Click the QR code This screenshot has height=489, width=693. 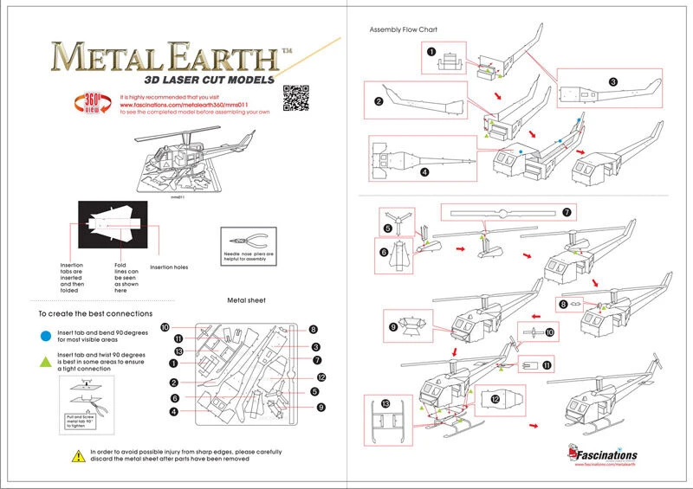click(296, 100)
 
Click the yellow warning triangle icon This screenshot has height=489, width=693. click(80, 454)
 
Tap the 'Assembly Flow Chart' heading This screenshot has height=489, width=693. click(404, 29)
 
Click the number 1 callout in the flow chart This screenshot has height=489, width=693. click(431, 52)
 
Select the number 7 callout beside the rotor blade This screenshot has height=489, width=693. click(567, 212)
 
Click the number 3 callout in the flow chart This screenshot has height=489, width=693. click(612, 81)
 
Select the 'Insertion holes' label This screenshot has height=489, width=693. click(169, 267)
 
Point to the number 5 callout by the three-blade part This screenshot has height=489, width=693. click(387, 228)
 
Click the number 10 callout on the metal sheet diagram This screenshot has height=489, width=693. click(164, 324)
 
